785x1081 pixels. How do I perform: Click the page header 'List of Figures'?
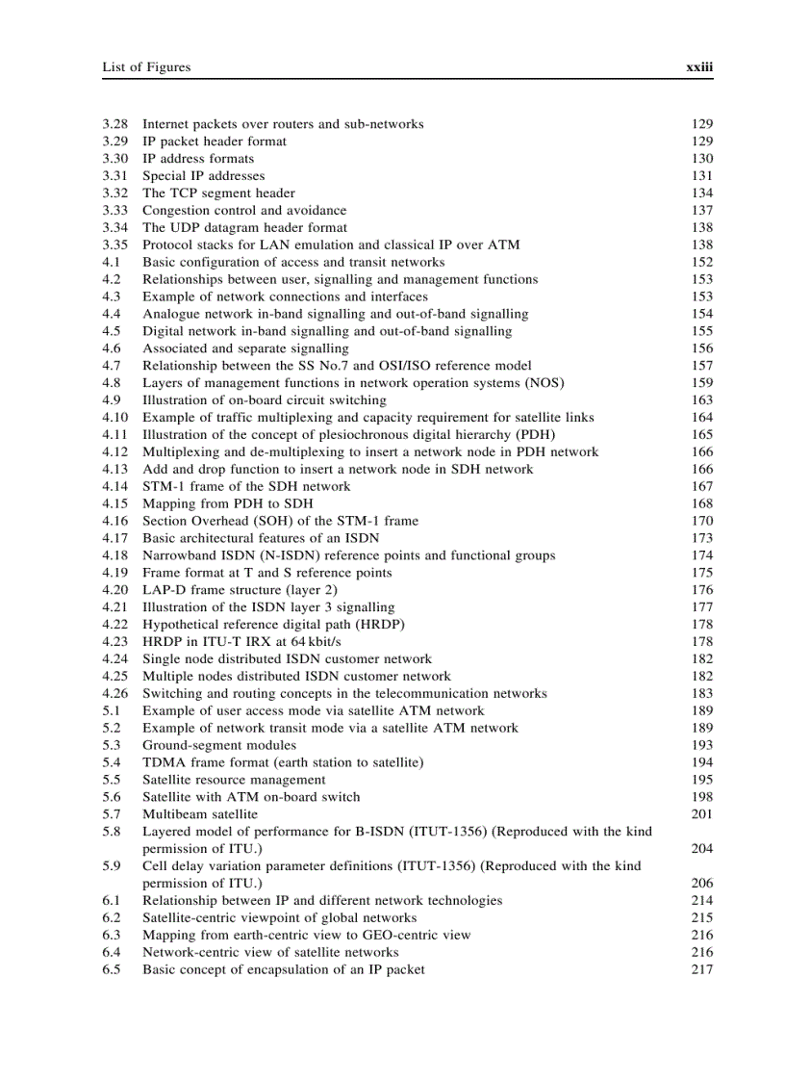pyautogui.click(x=146, y=67)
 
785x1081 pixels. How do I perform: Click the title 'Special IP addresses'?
pyautogui.click(x=203, y=176)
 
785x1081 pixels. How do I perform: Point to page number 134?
pyautogui.click(x=701, y=193)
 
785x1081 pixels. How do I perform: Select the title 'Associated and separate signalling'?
pyautogui.click(x=245, y=348)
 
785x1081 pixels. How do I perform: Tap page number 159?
pyautogui.click(x=701, y=383)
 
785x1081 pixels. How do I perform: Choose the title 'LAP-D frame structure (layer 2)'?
pyautogui.click(x=240, y=590)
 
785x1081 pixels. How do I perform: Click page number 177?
pyautogui.click(x=701, y=607)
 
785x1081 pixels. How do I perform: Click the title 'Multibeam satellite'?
pyautogui.click(x=200, y=814)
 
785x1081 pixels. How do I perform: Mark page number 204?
pyautogui.click(x=701, y=849)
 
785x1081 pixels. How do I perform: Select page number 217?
pyautogui.click(x=701, y=970)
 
